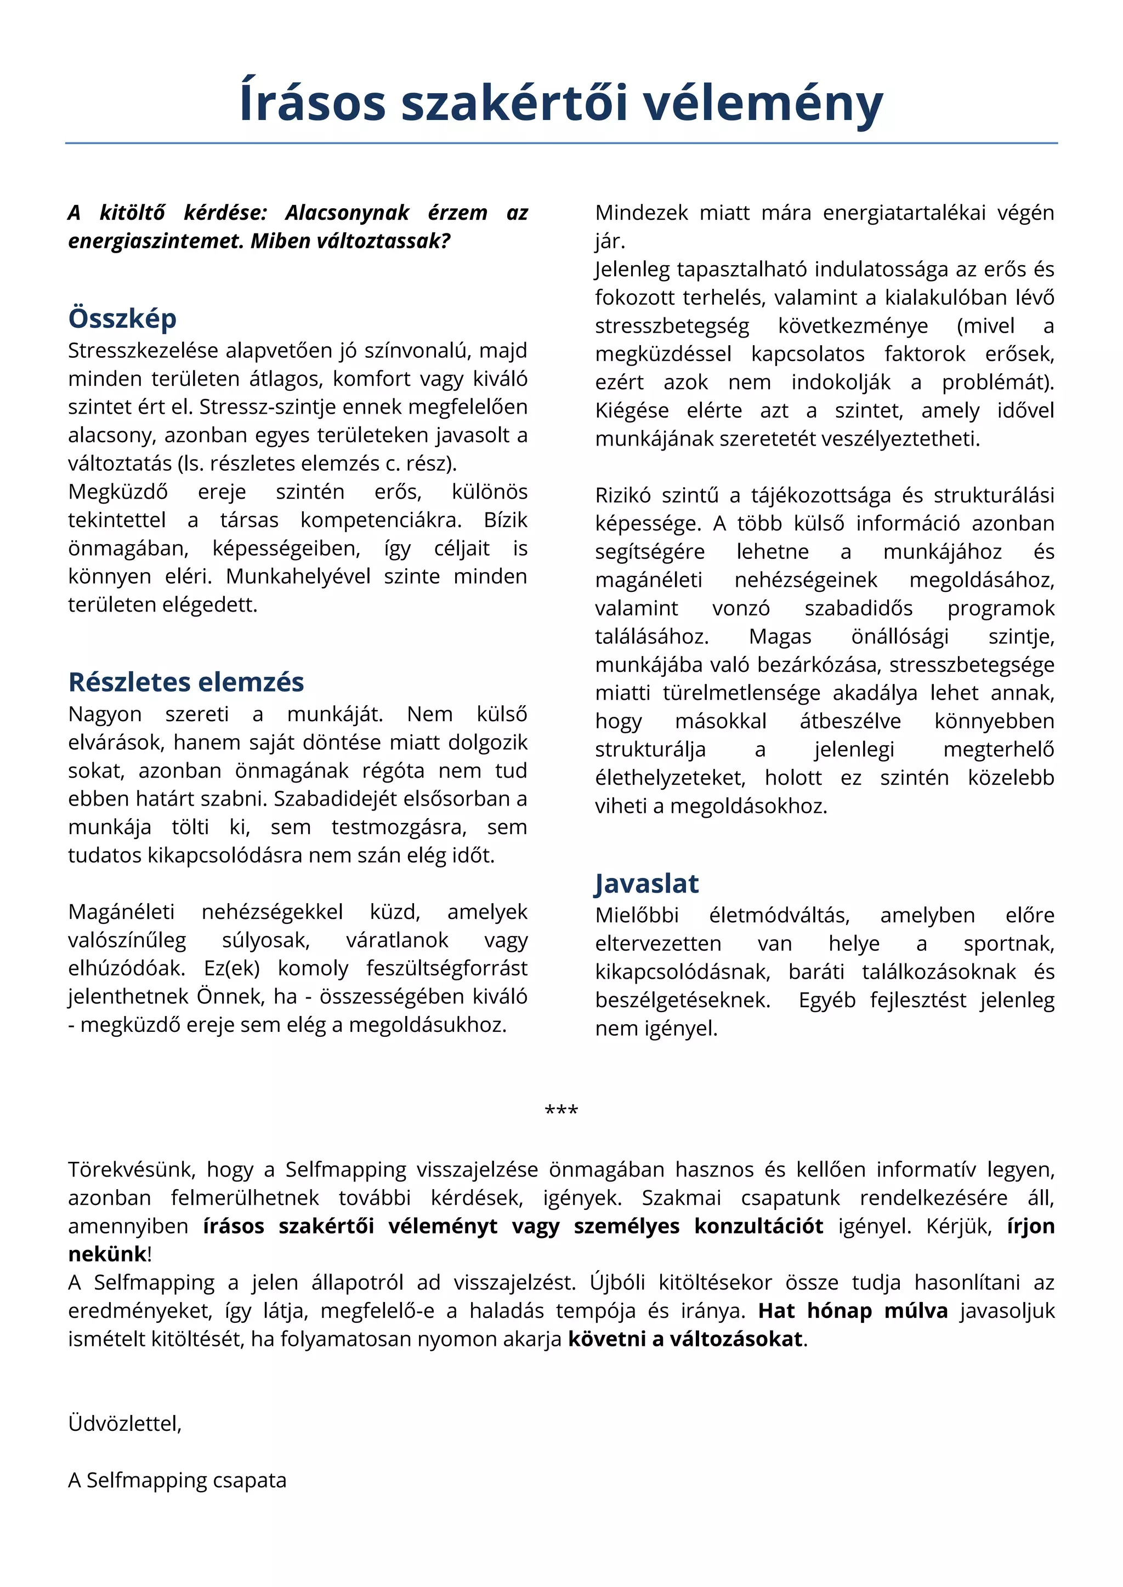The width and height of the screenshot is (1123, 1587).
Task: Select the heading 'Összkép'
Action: click(x=122, y=318)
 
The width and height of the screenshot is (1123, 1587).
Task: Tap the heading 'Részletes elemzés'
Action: click(x=186, y=682)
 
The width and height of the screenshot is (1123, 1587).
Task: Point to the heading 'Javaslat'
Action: click(x=646, y=883)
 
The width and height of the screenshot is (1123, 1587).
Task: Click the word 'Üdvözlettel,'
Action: click(x=124, y=1423)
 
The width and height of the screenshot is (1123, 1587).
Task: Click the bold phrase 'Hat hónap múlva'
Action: click(x=853, y=1310)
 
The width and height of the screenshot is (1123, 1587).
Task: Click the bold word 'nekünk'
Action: click(x=107, y=1254)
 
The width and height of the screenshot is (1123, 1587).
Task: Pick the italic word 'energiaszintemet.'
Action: click(x=156, y=241)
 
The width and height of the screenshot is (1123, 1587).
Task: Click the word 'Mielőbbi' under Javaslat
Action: click(x=636, y=915)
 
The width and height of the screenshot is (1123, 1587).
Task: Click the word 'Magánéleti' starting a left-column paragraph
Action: click(x=121, y=912)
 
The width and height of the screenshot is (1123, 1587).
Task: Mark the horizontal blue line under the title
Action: click(x=561, y=143)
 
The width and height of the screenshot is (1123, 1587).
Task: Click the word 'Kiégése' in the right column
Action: click(x=631, y=410)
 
